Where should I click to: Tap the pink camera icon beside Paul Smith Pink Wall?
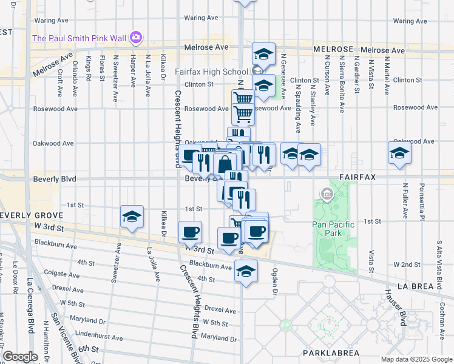click(x=136, y=38)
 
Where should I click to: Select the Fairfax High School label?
click(x=211, y=72)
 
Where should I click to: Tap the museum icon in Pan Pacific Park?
click(x=327, y=195)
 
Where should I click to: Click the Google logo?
click(x=21, y=357)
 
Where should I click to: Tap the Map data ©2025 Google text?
click(x=416, y=359)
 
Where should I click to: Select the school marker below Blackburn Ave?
click(x=246, y=271)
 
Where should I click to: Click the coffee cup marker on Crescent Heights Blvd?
click(x=191, y=232)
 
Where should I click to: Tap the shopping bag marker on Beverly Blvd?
click(x=224, y=164)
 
